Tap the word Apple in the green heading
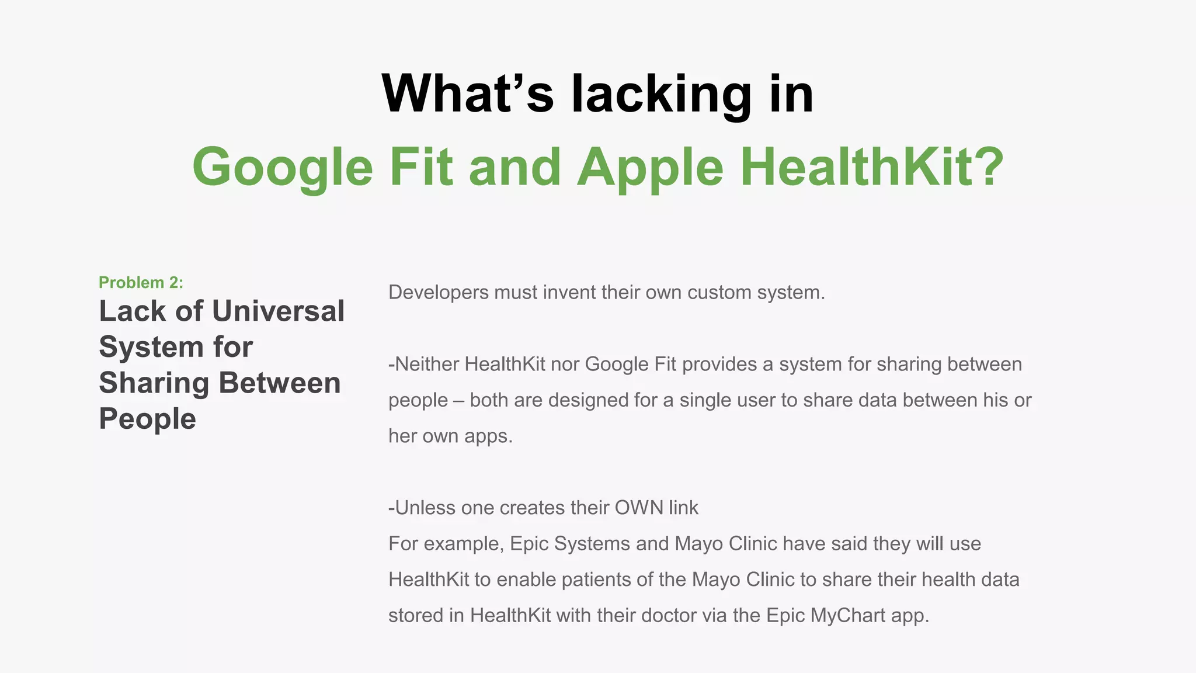[x=651, y=167]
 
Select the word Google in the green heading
[x=283, y=167]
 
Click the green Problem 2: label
[x=141, y=283]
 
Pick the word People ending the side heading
[x=147, y=419]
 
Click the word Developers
[x=439, y=292]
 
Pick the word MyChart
[x=848, y=616]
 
